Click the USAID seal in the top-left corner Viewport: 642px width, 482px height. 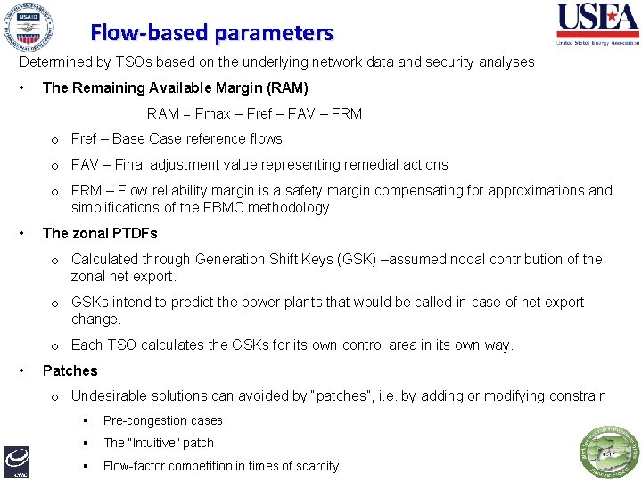(x=27, y=27)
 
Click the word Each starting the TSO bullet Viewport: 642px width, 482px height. (x=86, y=345)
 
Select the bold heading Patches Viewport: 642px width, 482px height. (x=70, y=370)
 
